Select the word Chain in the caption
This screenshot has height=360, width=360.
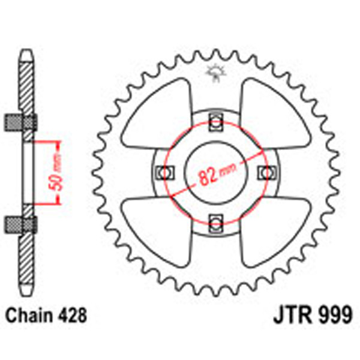point(29,315)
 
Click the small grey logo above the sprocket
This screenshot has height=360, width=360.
point(214,73)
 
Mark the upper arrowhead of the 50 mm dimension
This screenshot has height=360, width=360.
point(58,145)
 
